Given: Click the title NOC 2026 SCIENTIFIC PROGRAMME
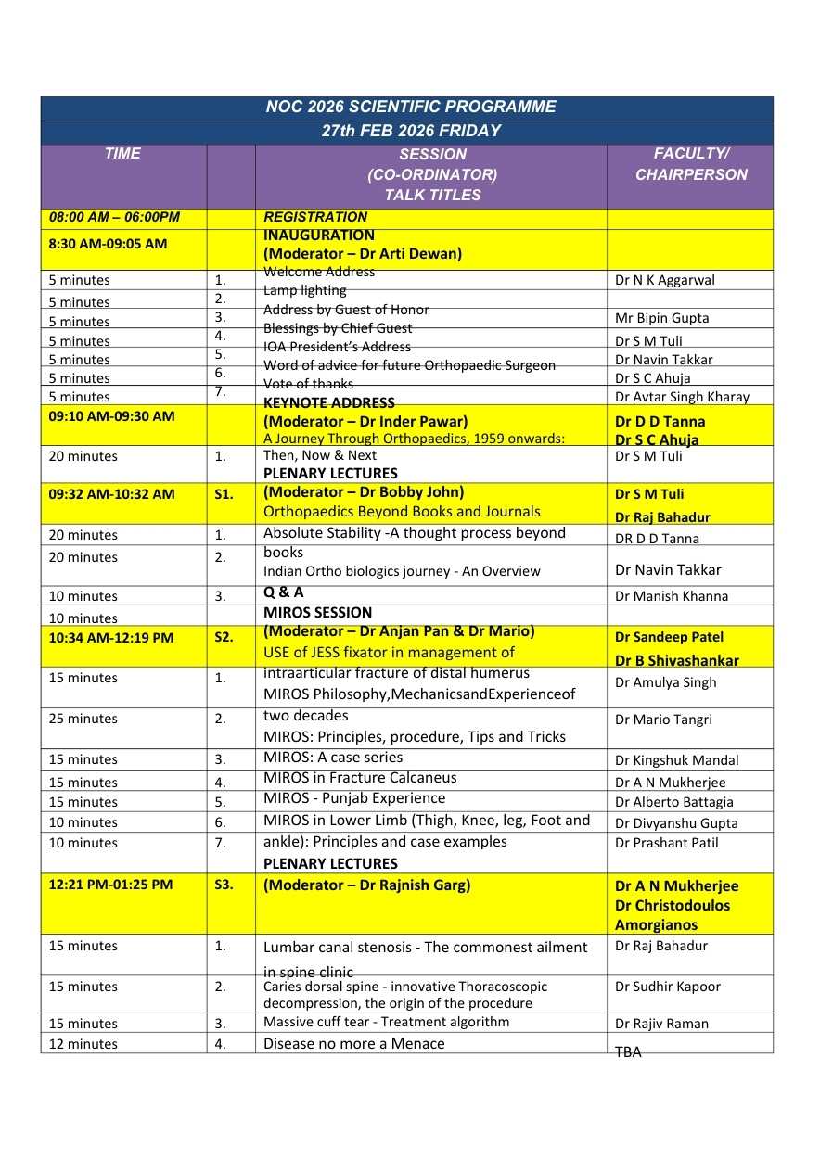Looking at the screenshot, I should pos(411,107).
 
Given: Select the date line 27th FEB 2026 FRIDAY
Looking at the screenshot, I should pos(411,131).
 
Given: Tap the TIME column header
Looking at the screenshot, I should pos(122,154).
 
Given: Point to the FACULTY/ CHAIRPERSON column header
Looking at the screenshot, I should pos(690,164).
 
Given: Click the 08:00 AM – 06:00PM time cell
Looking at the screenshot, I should pos(114,218).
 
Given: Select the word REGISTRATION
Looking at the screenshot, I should pos(315,218).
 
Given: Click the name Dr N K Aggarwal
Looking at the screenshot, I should pos(665,280).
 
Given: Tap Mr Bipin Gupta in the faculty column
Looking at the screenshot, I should pos(661,318).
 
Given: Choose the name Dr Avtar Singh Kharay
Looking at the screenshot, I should pos(682,397).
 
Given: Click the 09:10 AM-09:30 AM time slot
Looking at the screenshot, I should pos(111,416).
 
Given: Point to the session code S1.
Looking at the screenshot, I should pos(224,494).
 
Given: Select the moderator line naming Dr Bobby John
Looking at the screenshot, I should pos(364,492).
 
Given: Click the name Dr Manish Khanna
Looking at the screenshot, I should pos(672,596).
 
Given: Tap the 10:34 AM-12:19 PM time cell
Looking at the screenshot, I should pos(111,637).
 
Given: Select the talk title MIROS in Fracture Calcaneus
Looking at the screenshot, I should pos(360,778).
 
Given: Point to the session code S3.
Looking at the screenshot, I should pos(224,885).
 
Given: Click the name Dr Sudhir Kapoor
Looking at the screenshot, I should pos(667,987).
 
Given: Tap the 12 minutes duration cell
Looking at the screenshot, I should pos(83,1044).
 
